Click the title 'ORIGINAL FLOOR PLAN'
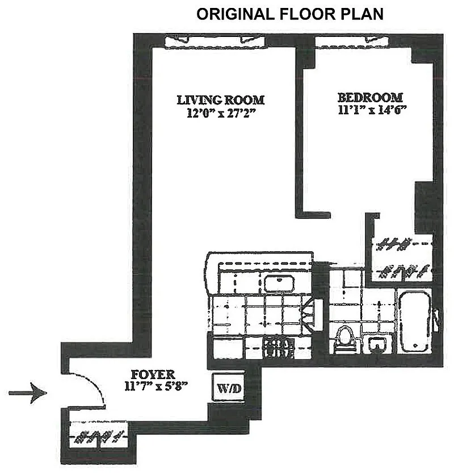pos(290,14)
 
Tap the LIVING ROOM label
pos(221,100)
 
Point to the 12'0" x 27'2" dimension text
pos(221,113)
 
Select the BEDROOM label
pos(370,98)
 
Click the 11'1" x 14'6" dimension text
pos(372,110)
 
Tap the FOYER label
pos(153,375)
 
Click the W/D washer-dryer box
pos(228,388)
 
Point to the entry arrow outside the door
pos(28,393)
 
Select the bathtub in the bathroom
pos(414,322)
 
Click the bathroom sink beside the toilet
pos(377,344)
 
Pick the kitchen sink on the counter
pos(279,284)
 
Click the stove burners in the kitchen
pos(278,348)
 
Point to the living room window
pos(215,41)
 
